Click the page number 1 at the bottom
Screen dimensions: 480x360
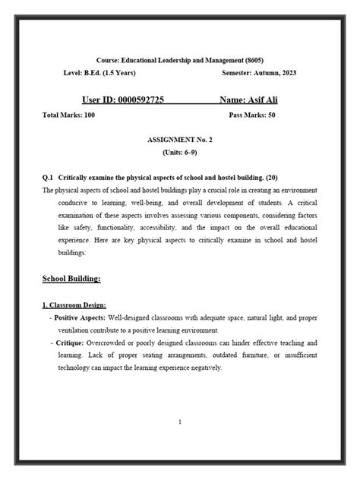(x=179, y=422)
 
